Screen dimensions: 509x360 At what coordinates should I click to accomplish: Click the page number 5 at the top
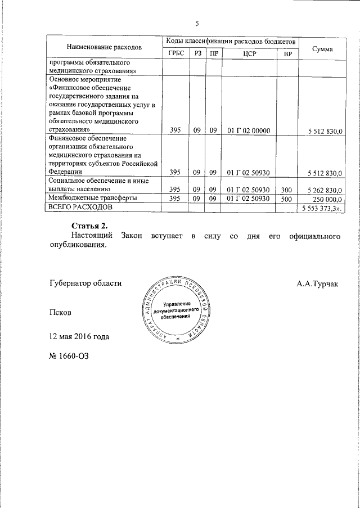coord(197,23)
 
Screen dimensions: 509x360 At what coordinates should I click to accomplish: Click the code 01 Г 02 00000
coord(248,130)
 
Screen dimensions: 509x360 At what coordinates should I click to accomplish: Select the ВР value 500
coord(286,199)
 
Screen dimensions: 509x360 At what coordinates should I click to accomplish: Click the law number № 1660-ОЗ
coord(70,355)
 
